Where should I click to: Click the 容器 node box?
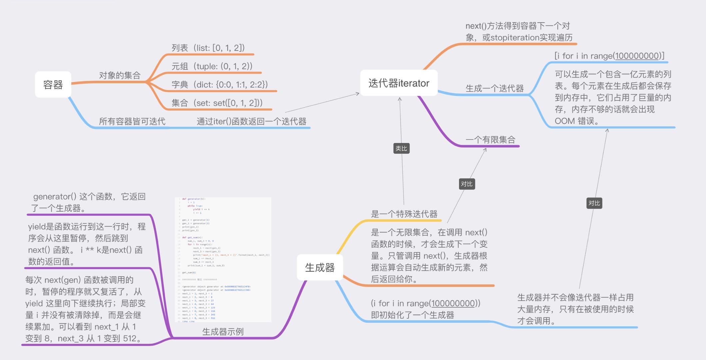coord(53,85)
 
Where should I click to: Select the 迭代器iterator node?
coord(399,83)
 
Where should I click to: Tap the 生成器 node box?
coord(320,267)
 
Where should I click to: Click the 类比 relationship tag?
coord(401,148)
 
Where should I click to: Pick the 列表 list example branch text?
coord(208,48)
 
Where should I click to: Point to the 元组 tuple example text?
coord(212,66)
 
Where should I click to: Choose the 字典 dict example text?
coord(220,85)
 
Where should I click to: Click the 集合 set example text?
coord(217,103)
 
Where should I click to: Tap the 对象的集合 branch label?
coord(120,75)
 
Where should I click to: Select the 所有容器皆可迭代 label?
coord(132,121)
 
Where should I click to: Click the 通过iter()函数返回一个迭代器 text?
coord(251,121)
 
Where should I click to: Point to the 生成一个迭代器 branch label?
coord(494,88)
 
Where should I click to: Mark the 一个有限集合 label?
coord(490,140)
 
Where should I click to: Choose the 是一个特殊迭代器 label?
coord(404,214)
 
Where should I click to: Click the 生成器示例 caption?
coord(223,332)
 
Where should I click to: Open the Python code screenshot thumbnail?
coord(223,260)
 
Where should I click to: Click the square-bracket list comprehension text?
coord(609,56)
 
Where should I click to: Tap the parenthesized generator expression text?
coord(425,303)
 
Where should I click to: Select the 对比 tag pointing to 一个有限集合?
coord(466,184)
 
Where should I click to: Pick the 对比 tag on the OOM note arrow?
coord(594,203)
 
